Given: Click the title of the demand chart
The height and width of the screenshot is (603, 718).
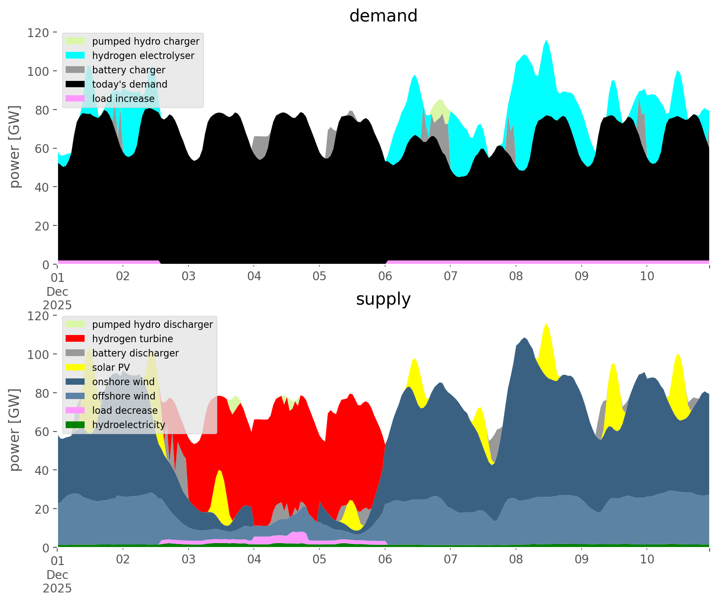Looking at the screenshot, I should tap(383, 16).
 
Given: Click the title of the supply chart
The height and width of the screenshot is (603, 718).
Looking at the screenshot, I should tap(383, 299).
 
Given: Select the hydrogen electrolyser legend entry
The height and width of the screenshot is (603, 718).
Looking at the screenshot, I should tap(143, 56).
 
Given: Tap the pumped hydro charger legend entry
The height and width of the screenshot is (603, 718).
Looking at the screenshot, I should tap(146, 41).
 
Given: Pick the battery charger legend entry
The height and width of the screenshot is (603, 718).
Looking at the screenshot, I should tap(128, 70).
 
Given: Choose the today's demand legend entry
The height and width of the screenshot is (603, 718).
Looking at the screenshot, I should tap(130, 84).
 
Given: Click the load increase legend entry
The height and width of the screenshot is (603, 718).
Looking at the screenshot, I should tap(123, 99).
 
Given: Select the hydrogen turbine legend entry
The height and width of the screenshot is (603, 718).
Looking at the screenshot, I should tap(133, 339).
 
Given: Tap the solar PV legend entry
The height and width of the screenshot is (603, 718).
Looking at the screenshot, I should tap(111, 367).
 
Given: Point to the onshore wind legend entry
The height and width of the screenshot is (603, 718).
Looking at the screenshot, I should tap(123, 382).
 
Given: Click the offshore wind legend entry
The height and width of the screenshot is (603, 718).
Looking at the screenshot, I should tap(124, 396).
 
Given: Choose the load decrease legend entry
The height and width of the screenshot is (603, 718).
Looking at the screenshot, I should tap(125, 410).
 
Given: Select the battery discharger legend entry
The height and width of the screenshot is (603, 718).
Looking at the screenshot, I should tap(136, 353).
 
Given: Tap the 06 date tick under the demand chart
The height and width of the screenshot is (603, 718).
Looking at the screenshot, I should tap(385, 276).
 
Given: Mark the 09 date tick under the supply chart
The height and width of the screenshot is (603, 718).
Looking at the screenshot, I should tap(582, 560).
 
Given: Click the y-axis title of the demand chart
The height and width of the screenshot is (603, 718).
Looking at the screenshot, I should tap(15, 147).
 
